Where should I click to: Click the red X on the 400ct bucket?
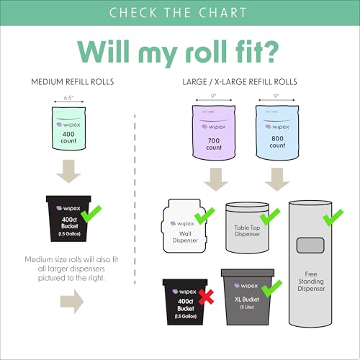click(x=206, y=297)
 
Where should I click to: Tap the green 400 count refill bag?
click(x=69, y=128)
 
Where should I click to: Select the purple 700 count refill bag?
click(x=214, y=132)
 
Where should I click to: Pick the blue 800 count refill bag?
click(x=277, y=132)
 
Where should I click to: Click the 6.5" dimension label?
click(x=68, y=98)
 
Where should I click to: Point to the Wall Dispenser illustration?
click(x=184, y=226)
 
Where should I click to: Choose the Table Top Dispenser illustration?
click(x=248, y=228)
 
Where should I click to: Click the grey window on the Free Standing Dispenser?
click(x=310, y=246)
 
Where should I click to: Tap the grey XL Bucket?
click(x=248, y=297)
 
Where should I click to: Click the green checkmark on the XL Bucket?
click(x=271, y=289)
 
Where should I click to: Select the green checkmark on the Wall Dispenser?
click(x=204, y=216)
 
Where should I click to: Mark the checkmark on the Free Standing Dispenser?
click(x=333, y=217)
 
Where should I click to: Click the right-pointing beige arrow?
click(x=72, y=302)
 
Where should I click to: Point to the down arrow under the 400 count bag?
click(x=68, y=171)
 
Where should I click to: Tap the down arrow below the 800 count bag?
click(x=277, y=179)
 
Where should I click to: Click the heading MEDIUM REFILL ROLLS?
click(x=73, y=82)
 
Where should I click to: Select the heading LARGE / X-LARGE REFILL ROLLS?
click(x=240, y=82)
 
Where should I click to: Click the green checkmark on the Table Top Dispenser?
click(x=270, y=217)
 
